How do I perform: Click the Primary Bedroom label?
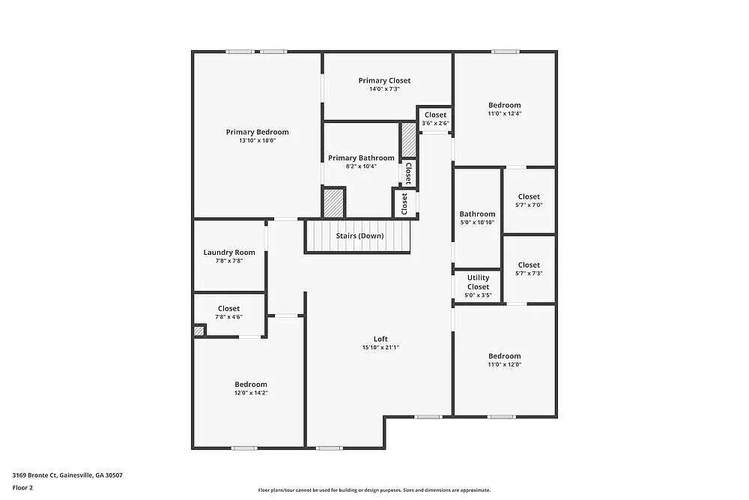[x=257, y=132]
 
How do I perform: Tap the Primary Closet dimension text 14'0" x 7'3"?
[x=384, y=89]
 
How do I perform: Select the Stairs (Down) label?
[x=360, y=236]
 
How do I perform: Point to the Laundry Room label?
[x=229, y=253]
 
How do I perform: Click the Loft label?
[x=380, y=338]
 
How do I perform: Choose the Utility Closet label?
[x=478, y=282]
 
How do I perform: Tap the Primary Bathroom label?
[x=361, y=158]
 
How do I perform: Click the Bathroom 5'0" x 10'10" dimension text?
[x=477, y=223]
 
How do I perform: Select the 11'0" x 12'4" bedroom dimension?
[x=504, y=114]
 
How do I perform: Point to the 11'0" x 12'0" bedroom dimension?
[x=504, y=365]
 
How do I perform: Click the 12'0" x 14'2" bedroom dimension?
[x=250, y=393]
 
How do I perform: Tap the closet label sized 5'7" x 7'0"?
[x=529, y=196]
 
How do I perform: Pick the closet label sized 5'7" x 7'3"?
[x=529, y=265]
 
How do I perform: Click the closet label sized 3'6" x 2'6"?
[x=435, y=115]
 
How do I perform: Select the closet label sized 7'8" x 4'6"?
[x=228, y=308]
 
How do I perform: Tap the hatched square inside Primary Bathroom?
[x=333, y=202]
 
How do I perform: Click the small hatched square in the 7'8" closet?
[x=199, y=330]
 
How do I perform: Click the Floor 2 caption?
[x=22, y=487]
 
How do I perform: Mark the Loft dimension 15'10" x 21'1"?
[x=380, y=347]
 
